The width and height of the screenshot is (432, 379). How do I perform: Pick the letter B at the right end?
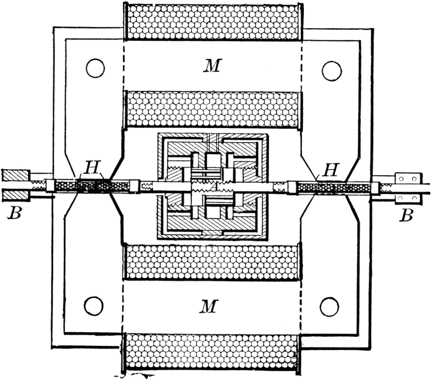[x=406, y=216]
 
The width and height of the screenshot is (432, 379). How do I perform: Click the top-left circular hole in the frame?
[x=95, y=68]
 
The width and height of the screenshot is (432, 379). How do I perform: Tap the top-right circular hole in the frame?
[x=332, y=71]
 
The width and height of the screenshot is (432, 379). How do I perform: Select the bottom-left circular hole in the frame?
[x=94, y=307]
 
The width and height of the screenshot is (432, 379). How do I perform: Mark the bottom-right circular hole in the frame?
[x=329, y=307]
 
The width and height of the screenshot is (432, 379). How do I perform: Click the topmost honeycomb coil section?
[x=212, y=22]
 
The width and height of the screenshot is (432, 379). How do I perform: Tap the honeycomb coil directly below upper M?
[x=212, y=109]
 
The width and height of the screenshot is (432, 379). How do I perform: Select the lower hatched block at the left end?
[x=15, y=196]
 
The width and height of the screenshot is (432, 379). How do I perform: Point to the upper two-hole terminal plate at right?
[x=408, y=178]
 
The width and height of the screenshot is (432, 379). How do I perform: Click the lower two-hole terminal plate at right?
[x=408, y=198]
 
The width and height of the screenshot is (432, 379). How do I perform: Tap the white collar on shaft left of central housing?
[x=135, y=186]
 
